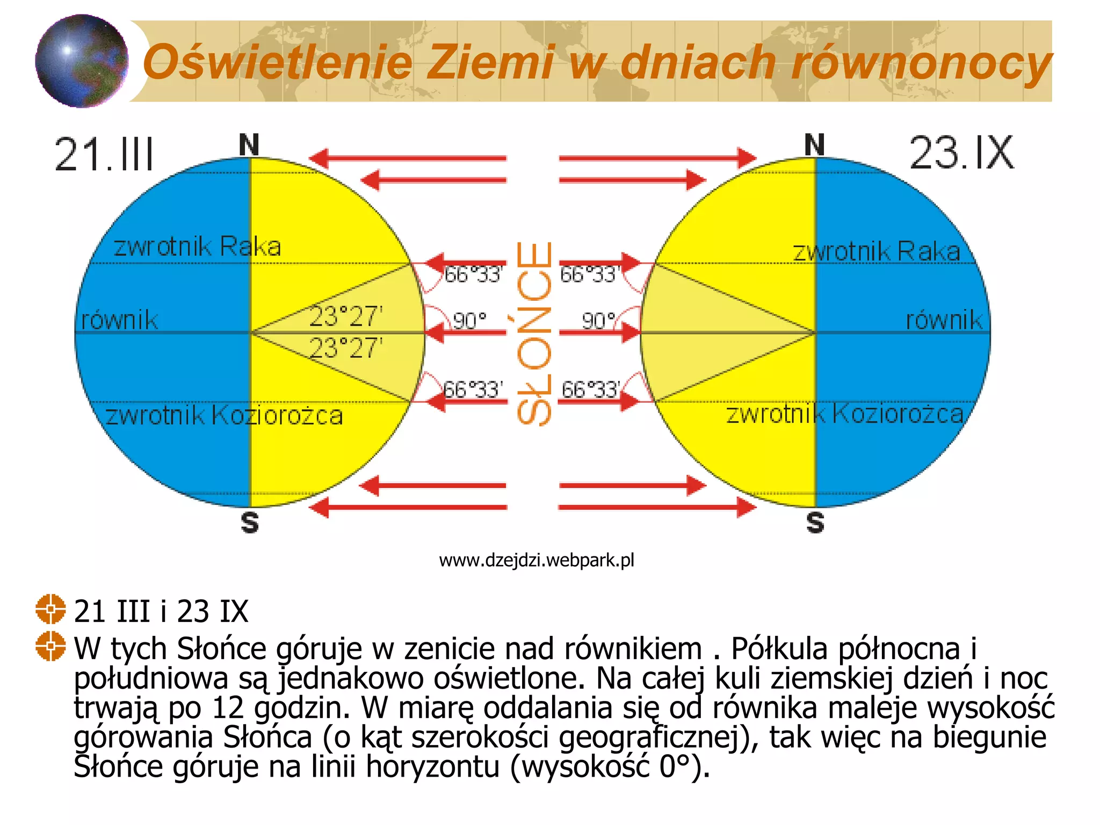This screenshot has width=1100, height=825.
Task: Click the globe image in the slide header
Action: pyautogui.click(x=82, y=61)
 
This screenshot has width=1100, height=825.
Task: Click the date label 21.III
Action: pyautogui.click(x=104, y=154)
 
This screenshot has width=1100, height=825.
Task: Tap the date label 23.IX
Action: pyautogui.click(x=961, y=153)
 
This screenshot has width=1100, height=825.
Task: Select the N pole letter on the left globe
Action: pyautogui.click(x=249, y=145)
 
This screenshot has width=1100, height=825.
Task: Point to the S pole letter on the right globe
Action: pyautogui.click(x=815, y=522)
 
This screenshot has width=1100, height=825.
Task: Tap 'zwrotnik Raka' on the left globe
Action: pyautogui.click(x=197, y=247)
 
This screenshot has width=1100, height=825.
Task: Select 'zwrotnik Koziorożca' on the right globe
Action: pyautogui.click(x=845, y=414)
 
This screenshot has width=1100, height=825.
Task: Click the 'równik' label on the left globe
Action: pyautogui.click(x=119, y=320)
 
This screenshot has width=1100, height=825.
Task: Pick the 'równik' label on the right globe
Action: pyautogui.click(x=944, y=320)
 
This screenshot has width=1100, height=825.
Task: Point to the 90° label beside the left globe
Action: pyautogui.click(x=469, y=321)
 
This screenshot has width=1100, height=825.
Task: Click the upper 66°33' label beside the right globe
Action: pyautogui.click(x=590, y=274)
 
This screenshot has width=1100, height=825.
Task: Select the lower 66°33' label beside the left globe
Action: pyautogui.click(x=473, y=389)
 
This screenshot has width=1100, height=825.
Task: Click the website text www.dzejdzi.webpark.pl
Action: pyautogui.click(x=537, y=560)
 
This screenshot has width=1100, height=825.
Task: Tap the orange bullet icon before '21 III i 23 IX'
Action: pyautogui.click(x=50, y=609)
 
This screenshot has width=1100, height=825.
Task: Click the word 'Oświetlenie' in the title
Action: pyautogui.click(x=278, y=62)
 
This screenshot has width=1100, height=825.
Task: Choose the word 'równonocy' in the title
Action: pyautogui.click(x=921, y=62)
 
